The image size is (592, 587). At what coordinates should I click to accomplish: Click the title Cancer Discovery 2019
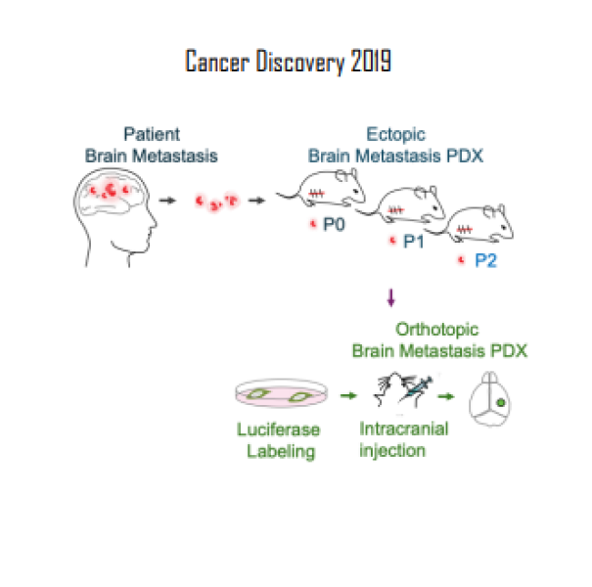tap(289, 62)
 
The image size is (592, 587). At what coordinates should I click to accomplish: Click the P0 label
tap(334, 224)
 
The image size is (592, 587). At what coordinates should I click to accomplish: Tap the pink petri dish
tap(279, 395)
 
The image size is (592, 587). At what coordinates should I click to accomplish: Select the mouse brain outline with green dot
tap(495, 397)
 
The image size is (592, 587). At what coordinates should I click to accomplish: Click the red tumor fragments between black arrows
tap(216, 202)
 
